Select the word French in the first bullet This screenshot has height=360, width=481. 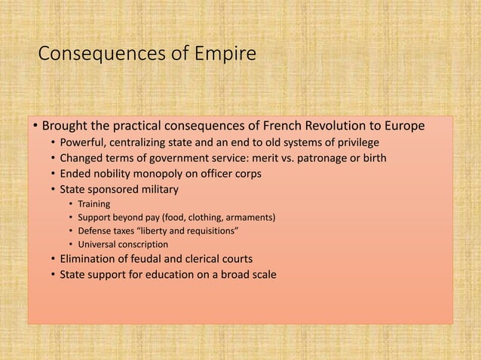289,125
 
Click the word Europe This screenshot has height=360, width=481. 406,125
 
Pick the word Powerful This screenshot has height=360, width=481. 86,143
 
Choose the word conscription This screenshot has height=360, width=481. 144,245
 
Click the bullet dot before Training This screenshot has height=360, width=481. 70,204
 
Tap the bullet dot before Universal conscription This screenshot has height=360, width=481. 70,245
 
